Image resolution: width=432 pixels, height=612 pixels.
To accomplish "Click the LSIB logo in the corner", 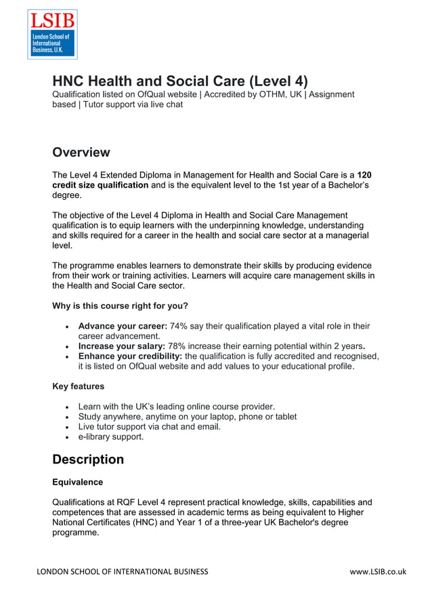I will tap(52, 34).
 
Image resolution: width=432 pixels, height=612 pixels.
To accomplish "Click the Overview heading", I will tap(81, 152).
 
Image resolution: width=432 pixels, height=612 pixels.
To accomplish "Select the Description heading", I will tap(88, 460).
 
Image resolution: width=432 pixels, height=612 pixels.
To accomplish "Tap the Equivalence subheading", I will tap(78, 483).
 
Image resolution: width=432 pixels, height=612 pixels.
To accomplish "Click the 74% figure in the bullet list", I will tap(179, 326).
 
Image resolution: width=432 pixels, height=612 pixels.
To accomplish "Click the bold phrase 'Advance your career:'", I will tap(123, 326).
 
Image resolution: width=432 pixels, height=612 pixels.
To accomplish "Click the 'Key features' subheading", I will tap(79, 386).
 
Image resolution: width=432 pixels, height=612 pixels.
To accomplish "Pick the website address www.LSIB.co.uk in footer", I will tap(378, 571).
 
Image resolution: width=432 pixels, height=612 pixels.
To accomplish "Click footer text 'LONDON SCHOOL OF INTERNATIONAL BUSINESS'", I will tap(123, 571).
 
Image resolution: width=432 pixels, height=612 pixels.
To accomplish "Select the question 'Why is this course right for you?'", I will tap(120, 306).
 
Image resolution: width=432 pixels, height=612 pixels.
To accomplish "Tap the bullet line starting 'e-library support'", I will tap(111, 437).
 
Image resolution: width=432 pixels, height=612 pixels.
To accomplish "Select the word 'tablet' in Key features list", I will tap(284, 417).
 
